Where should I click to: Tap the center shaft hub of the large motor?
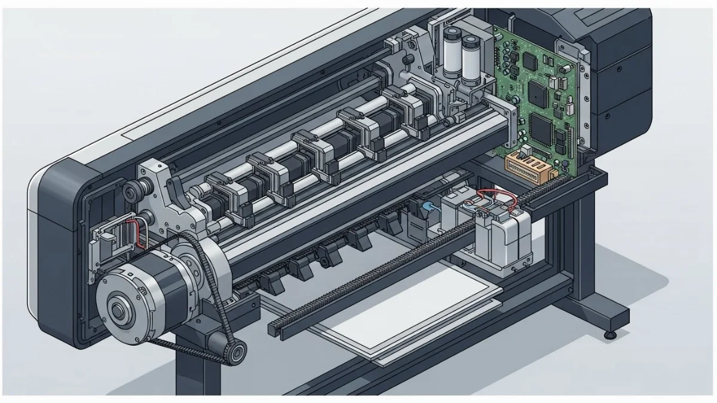pyautogui.click(x=118, y=310)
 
